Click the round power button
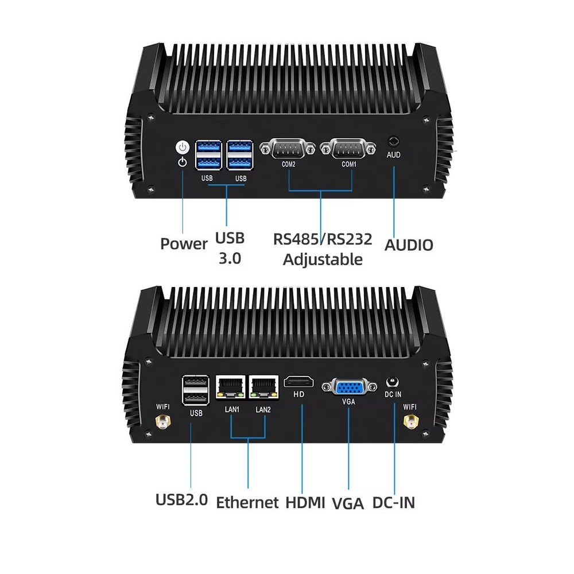coord(182,147)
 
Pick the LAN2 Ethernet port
coord(263,387)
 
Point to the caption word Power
coord(184,243)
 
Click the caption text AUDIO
coord(409,245)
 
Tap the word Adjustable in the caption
coord(323,259)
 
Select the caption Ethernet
coord(247,502)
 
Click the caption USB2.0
coord(181,499)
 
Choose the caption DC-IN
coord(393,502)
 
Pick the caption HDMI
coord(305,502)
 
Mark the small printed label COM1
coord(349,164)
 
